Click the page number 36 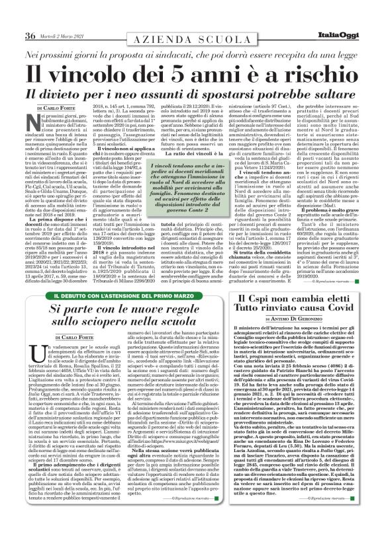pyautogui.click(x=30, y=17)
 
